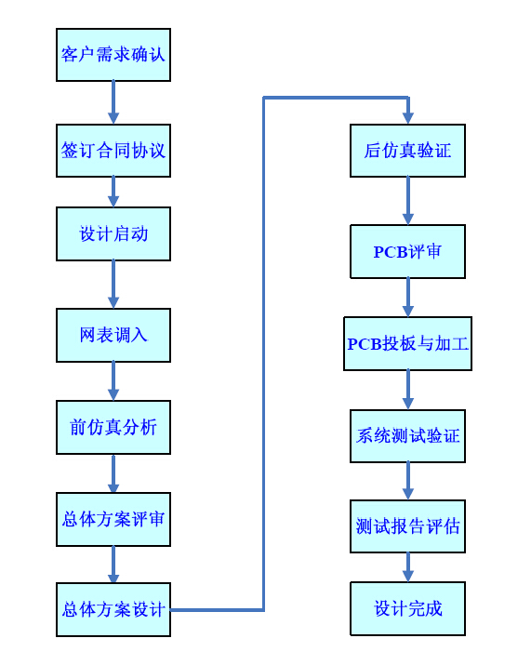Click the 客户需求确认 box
tap(113, 55)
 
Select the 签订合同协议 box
tap(113, 151)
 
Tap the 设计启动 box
tap(113, 233)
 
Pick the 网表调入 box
tap(113, 335)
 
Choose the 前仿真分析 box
tap(113, 427)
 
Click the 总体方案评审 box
tap(113, 519)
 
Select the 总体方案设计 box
tap(113, 609)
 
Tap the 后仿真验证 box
tap(407, 151)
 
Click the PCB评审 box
tap(407, 251)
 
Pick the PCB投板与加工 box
tap(407, 343)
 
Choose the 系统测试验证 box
tap(407, 436)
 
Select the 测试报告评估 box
tap(407, 526)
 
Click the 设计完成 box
tap(407, 608)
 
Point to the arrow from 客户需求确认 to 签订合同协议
tap(113, 102)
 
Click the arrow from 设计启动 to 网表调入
tap(113, 285)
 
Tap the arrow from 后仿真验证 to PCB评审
tap(408, 201)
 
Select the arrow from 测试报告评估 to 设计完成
tap(408, 567)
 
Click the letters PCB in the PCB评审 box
tap(391, 252)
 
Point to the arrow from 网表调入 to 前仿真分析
tap(113, 380)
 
